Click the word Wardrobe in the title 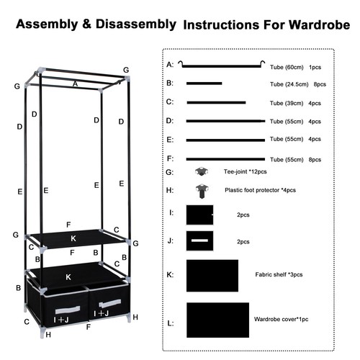[319, 25]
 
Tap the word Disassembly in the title [136, 24]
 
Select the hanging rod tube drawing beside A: [221, 65]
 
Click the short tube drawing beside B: [204, 84]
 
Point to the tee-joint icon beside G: [202, 171]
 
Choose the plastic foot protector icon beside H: [202, 191]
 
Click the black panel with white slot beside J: [199, 240]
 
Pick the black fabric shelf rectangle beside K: [212, 276]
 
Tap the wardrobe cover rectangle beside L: [218, 320]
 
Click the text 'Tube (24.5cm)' [289, 84]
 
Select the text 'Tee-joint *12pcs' [246, 171]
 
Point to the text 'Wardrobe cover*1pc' [281, 319]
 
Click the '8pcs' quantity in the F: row [315, 160]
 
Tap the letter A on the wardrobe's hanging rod [76, 84]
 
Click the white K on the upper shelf [73, 238]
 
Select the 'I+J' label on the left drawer [61, 320]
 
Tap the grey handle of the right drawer [110, 303]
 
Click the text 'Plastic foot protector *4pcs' [260, 190]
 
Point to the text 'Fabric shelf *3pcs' [279, 274]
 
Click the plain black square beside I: [199, 215]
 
